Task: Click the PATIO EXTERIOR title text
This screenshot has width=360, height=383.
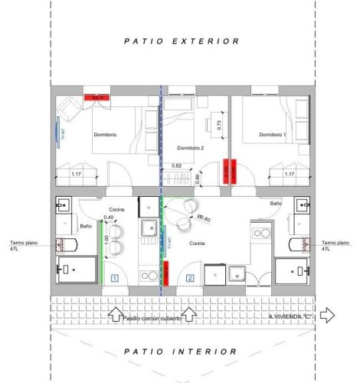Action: [x=182, y=41]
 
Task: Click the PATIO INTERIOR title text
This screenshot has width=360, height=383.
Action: [x=182, y=352]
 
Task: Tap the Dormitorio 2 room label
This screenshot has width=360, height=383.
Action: [x=191, y=148]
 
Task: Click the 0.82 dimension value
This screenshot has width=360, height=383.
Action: [x=177, y=166]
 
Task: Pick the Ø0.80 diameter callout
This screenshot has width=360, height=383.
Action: [x=203, y=219]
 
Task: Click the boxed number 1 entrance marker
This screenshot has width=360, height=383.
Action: [x=113, y=278]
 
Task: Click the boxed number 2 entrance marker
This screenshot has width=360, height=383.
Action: [x=189, y=278]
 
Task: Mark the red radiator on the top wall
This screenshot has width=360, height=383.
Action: [x=97, y=97]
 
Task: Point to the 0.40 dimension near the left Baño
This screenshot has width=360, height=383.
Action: [x=109, y=218]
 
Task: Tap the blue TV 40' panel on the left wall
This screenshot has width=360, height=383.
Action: [x=57, y=133]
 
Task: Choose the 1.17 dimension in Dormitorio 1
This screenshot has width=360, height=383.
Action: [x=290, y=174]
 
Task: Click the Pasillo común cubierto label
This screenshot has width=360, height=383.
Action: [x=152, y=318]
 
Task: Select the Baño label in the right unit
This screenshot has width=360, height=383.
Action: [x=276, y=203]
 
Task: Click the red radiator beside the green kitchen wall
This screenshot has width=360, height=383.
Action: [x=165, y=272]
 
